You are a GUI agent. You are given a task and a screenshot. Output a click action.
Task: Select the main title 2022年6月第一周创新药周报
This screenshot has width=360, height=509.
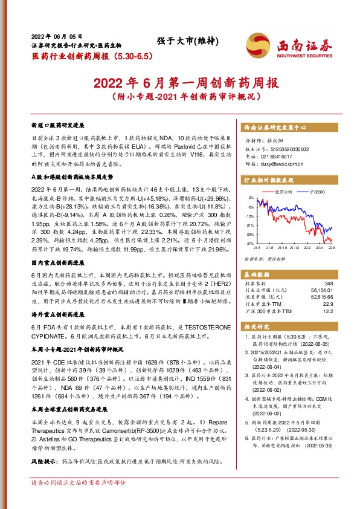pos(179,82)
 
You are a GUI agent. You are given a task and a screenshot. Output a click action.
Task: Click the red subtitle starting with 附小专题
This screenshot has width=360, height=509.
pos(179,96)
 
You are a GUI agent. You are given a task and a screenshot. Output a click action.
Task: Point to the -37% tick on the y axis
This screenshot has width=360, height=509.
pos(249,243)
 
